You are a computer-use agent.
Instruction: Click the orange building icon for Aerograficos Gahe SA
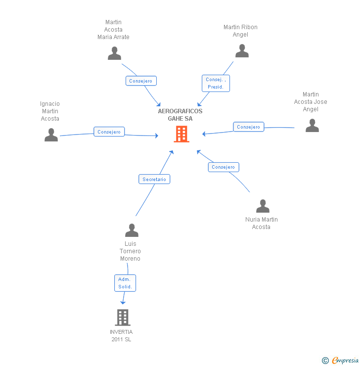pyautogui.click(x=181, y=134)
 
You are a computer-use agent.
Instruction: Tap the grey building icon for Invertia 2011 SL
pyautogui.click(x=122, y=318)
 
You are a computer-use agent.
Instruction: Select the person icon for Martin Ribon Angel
pyautogui.click(x=242, y=51)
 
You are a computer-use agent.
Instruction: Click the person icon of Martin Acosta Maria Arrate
pyautogui.click(x=115, y=53)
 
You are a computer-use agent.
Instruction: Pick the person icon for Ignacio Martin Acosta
pyautogui.click(x=51, y=135)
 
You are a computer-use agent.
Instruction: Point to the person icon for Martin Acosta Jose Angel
pyautogui.click(x=312, y=126)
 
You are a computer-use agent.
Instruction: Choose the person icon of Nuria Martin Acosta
pyautogui.click(x=263, y=206)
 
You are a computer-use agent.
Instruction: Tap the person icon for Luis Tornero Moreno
pyautogui.click(x=132, y=230)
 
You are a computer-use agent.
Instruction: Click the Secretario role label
pyautogui.click(x=154, y=179)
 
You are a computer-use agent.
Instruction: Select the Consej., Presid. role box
pyautogui.click(x=216, y=83)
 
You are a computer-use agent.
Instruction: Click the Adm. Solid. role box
pyautogui.click(x=125, y=283)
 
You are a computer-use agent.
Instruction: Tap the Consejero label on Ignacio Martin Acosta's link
pyautogui.click(x=109, y=132)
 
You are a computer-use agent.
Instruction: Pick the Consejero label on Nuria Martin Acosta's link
pyautogui.click(x=224, y=167)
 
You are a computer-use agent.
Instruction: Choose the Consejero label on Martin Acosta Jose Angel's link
pyautogui.click(x=248, y=127)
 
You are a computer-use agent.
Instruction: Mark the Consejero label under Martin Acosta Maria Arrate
pyautogui.click(x=141, y=81)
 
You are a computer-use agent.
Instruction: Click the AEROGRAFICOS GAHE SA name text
pyautogui.click(x=180, y=115)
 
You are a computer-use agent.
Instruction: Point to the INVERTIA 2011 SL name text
pyautogui.click(x=121, y=335)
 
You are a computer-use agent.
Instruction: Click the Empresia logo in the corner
pyautogui.click(x=340, y=361)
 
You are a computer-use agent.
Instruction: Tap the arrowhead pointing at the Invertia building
pyautogui.click(x=123, y=301)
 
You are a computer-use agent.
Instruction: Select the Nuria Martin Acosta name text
pyautogui.click(x=261, y=223)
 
